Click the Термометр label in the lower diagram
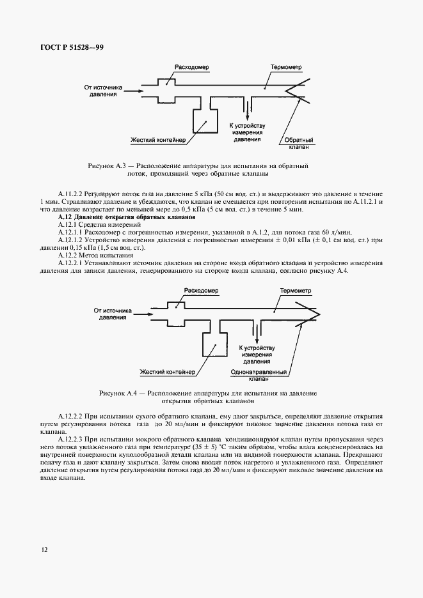tap(295, 291)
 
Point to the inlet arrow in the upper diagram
tap(132, 91)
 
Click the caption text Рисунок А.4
tap(120, 393)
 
